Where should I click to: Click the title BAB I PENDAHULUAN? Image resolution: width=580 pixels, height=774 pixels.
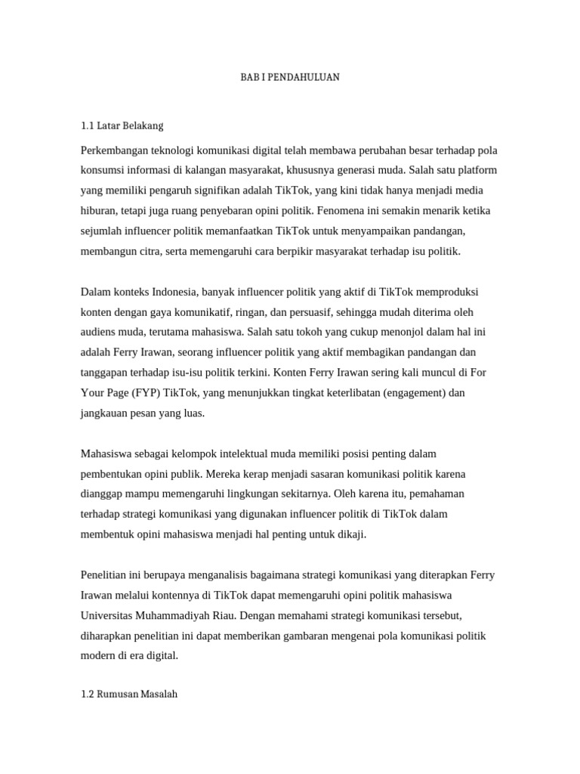pyautogui.click(x=290, y=78)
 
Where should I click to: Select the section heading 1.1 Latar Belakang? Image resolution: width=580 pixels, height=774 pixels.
pyautogui.click(x=122, y=125)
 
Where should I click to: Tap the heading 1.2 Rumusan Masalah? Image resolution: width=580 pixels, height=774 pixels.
pyautogui.click(x=128, y=694)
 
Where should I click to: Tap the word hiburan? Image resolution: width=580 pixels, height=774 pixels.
pyautogui.click(x=98, y=210)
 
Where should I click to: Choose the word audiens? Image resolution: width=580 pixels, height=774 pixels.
pyautogui.click(x=99, y=332)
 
